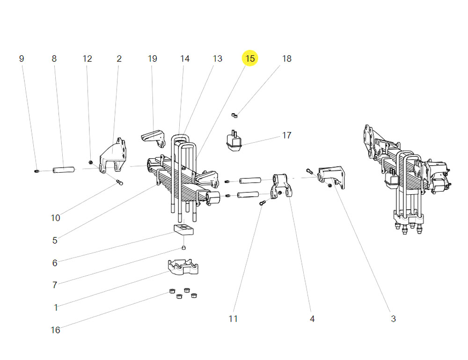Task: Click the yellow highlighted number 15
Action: (x=250, y=59)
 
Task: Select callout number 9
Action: (x=21, y=59)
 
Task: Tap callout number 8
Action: (x=54, y=59)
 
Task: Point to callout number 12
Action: (x=88, y=59)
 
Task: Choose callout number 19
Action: (x=153, y=59)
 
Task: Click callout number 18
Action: (x=286, y=59)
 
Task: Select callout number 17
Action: (x=286, y=135)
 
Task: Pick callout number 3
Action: (x=393, y=319)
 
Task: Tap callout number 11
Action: (x=233, y=319)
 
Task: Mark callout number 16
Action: (x=55, y=330)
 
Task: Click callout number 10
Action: (x=55, y=218)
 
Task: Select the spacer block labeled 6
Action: (x=183, y=229)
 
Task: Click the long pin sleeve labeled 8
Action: (x=64, y=169)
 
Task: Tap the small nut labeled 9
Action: (x=37, y=171)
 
